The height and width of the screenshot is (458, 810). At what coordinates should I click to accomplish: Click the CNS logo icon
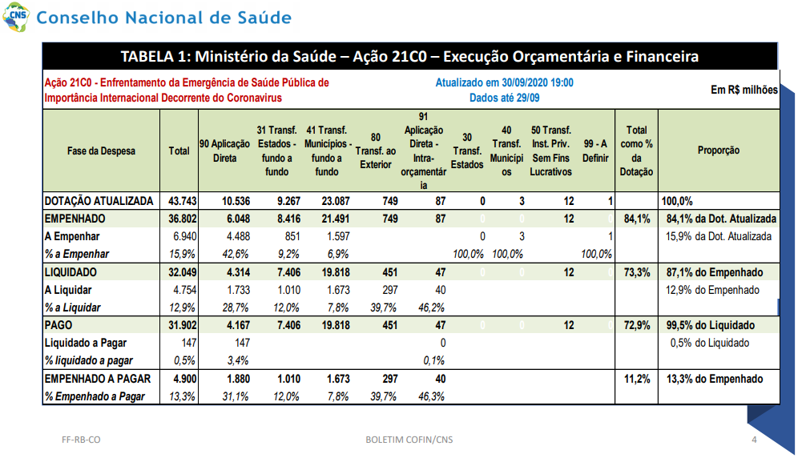coord(16,17)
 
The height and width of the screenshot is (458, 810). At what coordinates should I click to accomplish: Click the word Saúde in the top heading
coord(264,18)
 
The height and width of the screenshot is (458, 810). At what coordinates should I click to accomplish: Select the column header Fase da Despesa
coord(101,151)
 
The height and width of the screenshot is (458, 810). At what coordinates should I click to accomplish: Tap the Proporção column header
coord(719,151)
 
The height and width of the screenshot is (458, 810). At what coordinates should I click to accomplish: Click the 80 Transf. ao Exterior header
coord(376,151)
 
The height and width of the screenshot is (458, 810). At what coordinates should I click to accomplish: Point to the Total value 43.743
coord(183,201)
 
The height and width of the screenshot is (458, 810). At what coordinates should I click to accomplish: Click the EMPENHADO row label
coord(75,219)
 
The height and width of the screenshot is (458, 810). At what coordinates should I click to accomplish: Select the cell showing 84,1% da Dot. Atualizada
coord(721,219)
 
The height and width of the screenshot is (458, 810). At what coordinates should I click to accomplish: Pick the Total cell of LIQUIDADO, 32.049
coord(183,272)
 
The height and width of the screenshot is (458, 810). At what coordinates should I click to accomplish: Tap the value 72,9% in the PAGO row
coord(637,325)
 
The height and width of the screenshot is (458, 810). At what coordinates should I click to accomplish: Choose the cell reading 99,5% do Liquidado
coord(711,325)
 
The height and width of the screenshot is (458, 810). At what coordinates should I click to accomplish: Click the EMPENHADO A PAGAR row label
coord(98,379)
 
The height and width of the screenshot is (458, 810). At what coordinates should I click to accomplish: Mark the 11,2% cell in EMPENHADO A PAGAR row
coord(637,379)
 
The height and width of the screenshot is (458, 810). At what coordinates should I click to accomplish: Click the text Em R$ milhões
coord(744,90)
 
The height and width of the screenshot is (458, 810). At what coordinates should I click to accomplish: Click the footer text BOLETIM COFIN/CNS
coord(409,440)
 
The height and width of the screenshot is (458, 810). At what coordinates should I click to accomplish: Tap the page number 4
coord(754,440)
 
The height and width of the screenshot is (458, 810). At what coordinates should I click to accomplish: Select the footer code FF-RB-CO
coord(81,440)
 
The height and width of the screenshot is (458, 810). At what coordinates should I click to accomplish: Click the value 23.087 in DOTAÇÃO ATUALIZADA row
coord(336,201)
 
